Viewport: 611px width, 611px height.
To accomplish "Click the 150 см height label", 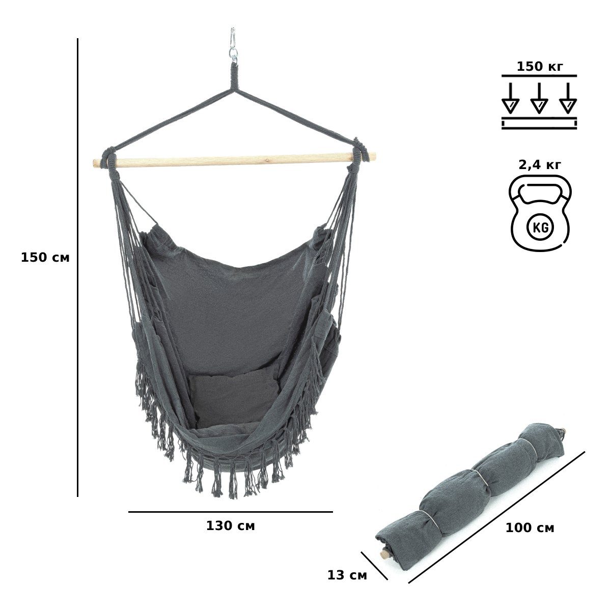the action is coord(45,258).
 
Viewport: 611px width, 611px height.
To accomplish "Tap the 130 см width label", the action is coord(231,526).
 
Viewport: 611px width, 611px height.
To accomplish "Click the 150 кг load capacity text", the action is coord(540,67).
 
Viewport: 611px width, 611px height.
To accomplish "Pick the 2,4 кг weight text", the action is coord(540,164).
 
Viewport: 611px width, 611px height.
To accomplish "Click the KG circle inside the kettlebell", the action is coord(540,227).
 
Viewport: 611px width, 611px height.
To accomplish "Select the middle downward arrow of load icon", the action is coord(539,98).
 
